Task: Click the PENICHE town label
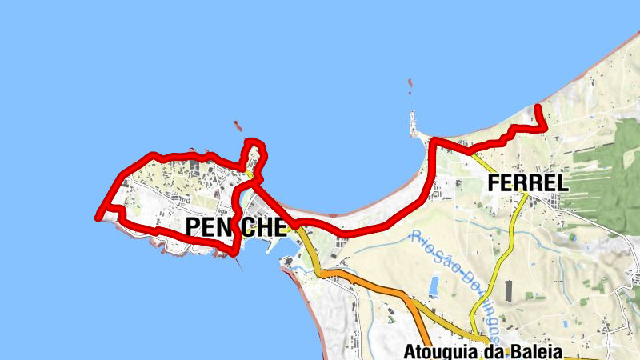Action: [235, 227]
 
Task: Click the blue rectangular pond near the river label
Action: [434, 286]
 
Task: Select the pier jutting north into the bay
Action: [414, 124]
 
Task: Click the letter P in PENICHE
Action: [194, 227]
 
